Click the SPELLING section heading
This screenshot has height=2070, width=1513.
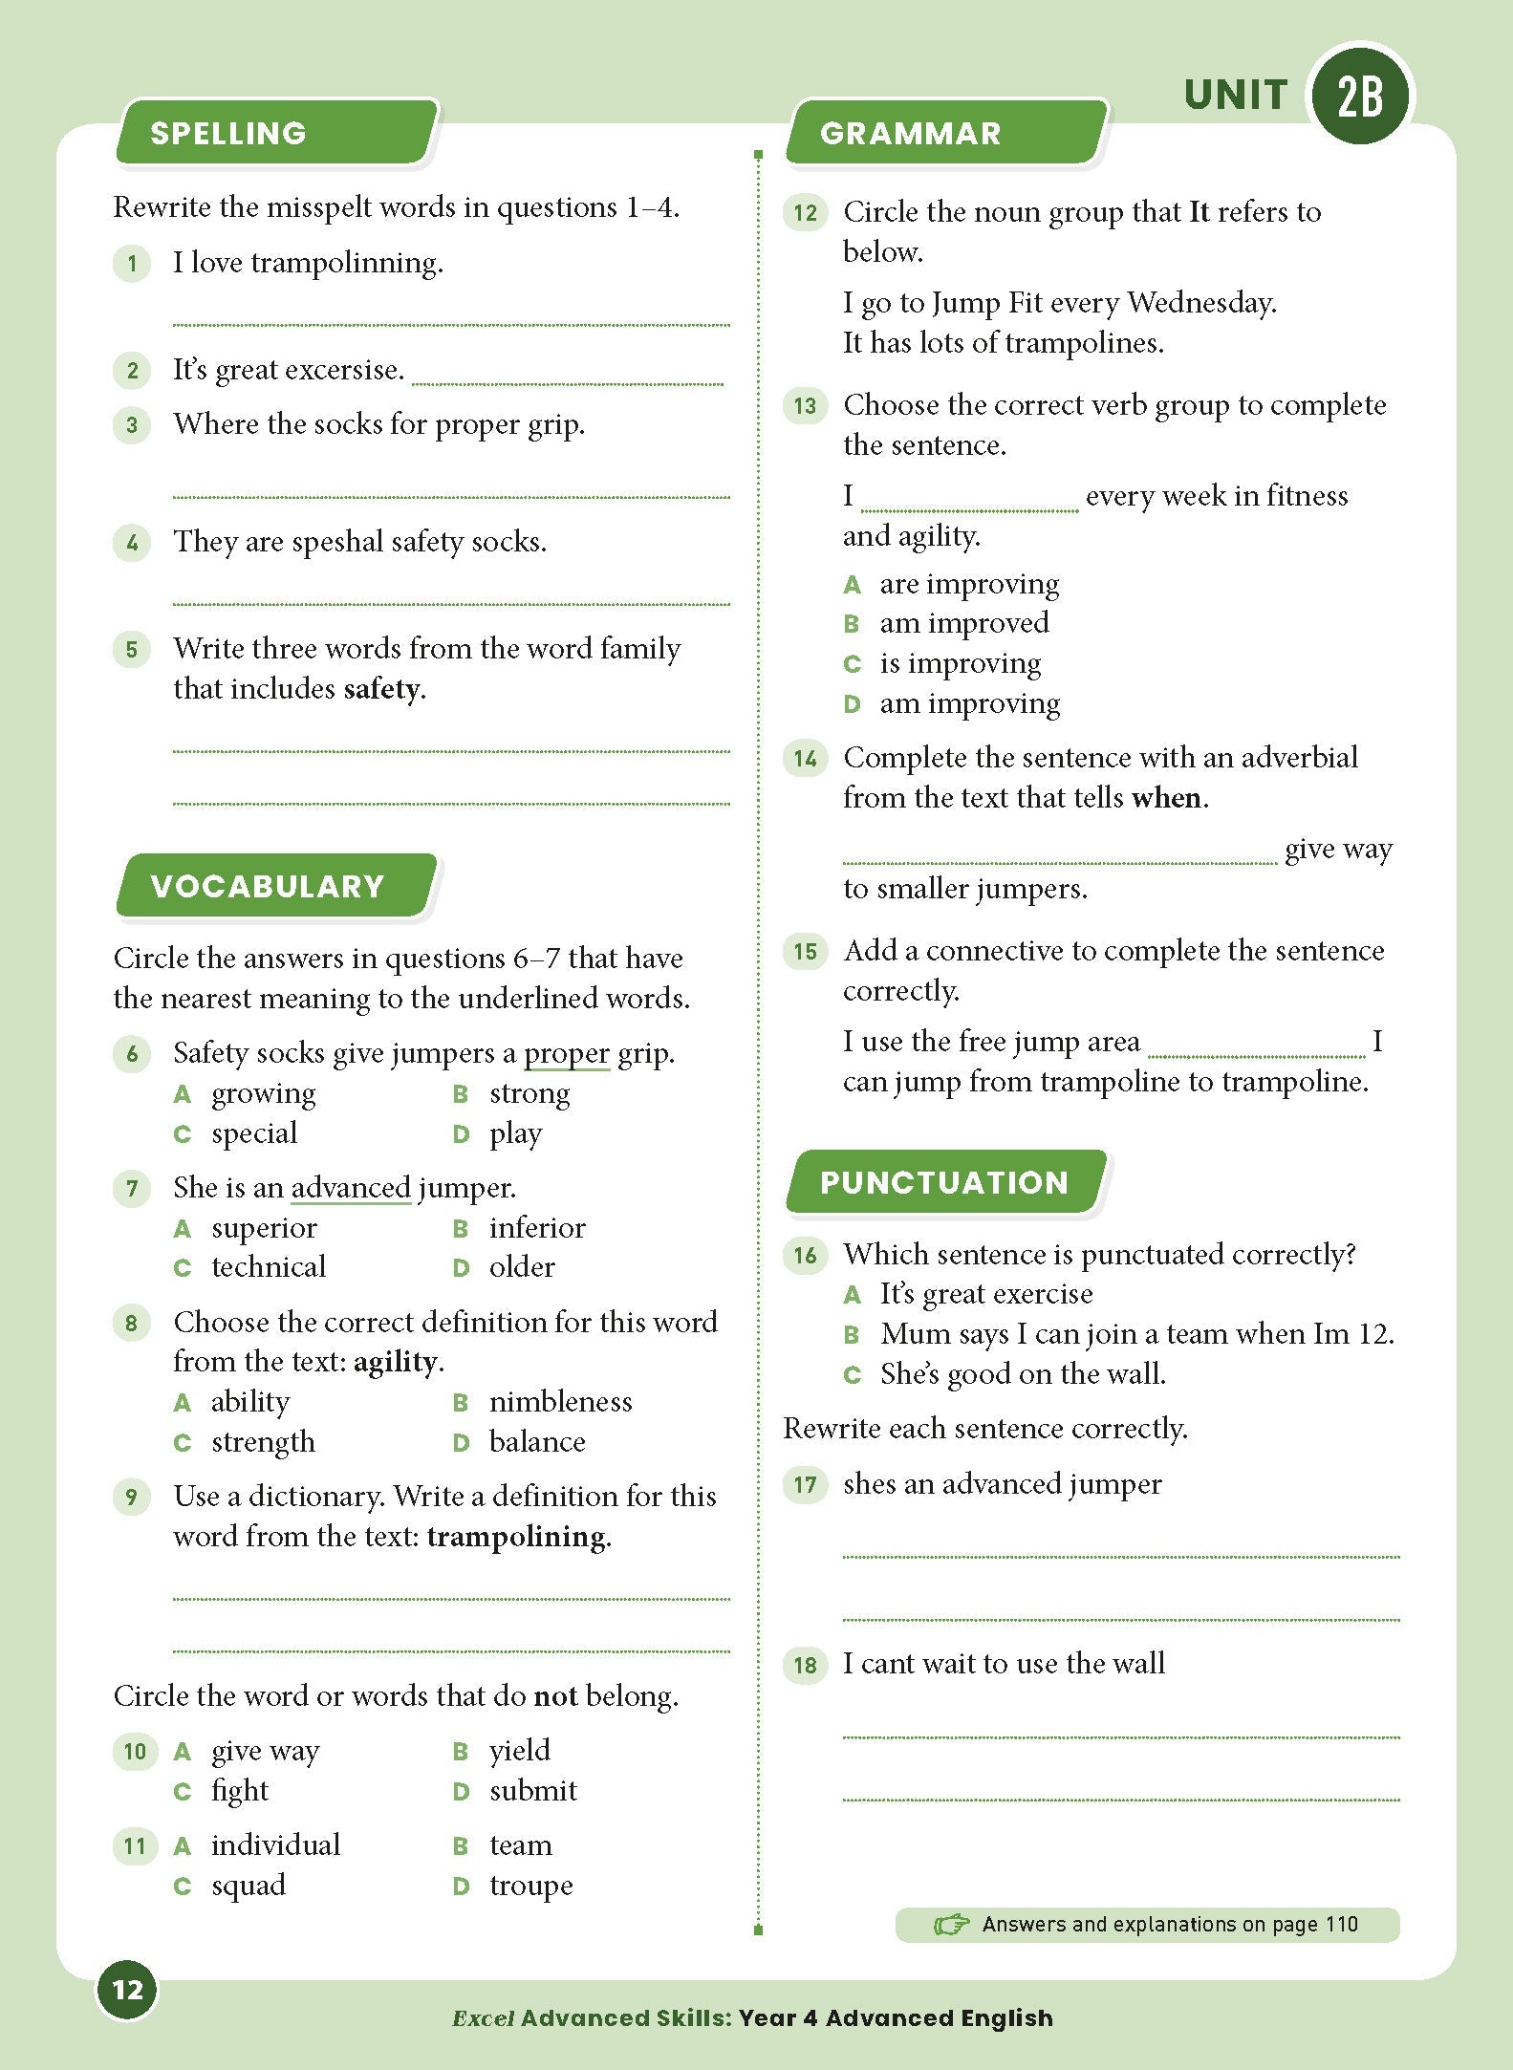click(228, 133)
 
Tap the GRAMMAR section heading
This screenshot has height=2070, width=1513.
click(910, 133)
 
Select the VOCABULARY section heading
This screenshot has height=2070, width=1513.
click(267, 886)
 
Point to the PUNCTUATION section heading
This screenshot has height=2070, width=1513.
click(943, 1182)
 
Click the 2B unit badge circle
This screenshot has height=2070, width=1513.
click(1359, 95)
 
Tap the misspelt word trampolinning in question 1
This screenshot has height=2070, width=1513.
click(347, 263)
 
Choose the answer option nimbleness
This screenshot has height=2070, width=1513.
click(560, 1401)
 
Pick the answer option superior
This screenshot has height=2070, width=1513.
click(264, 1227)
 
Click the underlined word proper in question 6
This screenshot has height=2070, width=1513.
click(566, 1053)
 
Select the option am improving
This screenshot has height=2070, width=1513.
click(969, 703)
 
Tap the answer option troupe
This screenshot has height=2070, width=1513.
click(530, 1885)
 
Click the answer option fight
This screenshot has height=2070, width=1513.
click(240, 1790)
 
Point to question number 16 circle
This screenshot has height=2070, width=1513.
click(805, 1255)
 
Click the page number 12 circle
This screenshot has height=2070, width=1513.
click(127, 1990)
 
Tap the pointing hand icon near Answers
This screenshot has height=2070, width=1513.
click(950, 1924)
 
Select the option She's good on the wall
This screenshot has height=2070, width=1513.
click(1023, 1373)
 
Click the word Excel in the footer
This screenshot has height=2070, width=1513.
click(483, 2017)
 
